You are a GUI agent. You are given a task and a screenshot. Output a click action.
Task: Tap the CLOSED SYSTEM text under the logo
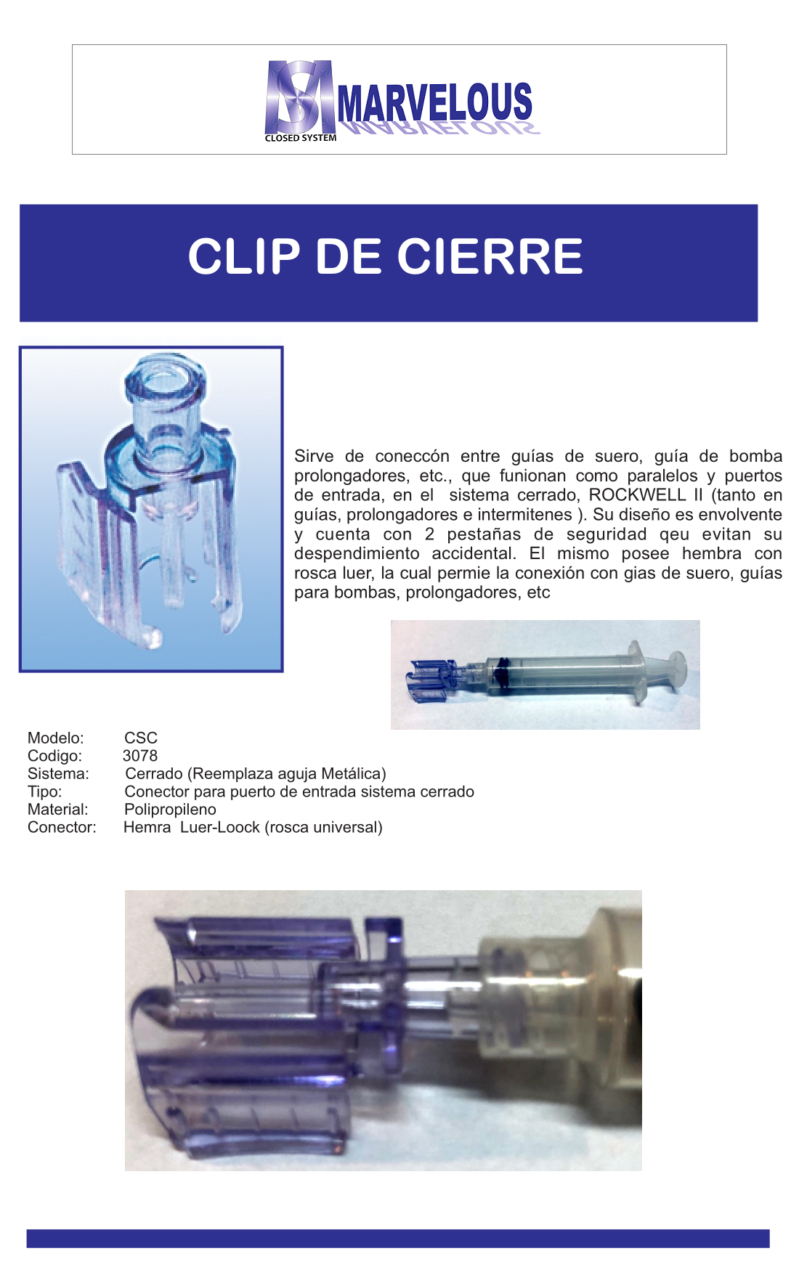[301, 138]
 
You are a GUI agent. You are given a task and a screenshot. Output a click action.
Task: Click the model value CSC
[141, 738]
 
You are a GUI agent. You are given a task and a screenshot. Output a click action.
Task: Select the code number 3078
[140, 756]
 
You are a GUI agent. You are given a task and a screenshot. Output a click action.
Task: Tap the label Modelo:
[56, 738]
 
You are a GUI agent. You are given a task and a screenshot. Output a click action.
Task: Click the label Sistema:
[58, 773]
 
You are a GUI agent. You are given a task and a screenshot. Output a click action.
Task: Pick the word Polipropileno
[170, 810]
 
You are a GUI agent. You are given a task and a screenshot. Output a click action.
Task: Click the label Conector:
[62, 827]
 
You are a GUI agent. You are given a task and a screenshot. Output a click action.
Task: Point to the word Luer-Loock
[220, 827]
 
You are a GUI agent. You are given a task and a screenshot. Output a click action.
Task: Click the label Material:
[58, 809]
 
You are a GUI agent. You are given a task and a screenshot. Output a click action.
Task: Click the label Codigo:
[54, 756]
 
